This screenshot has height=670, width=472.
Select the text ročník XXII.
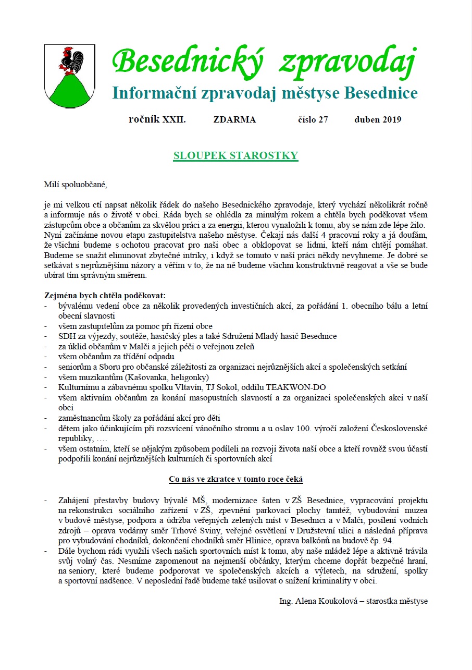157,119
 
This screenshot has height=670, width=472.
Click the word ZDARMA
234,119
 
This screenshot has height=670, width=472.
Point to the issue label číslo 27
313,119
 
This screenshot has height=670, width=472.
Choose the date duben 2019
378,119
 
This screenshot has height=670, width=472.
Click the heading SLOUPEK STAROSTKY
235,155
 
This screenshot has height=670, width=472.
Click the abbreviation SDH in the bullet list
67,336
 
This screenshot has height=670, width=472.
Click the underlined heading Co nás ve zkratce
235,479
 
